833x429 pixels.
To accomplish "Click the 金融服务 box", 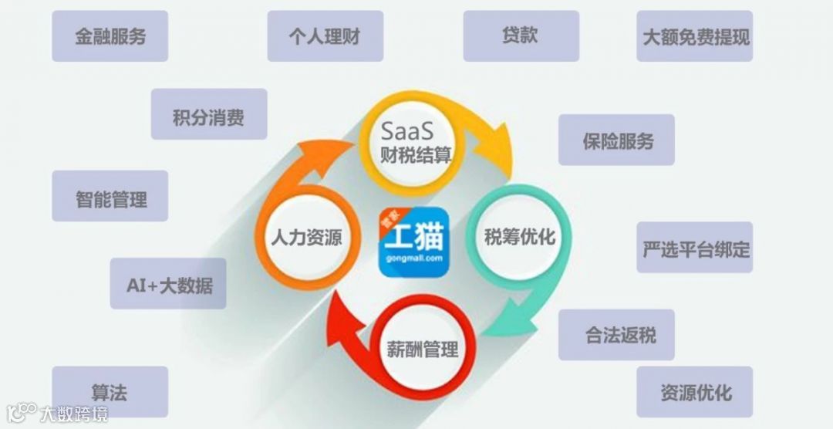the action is (x=110, y=36).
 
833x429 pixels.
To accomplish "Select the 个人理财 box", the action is (x=325, y=36).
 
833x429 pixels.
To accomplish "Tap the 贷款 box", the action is (x=521, y=36).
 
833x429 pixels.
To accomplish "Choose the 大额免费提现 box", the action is (x=695, y=36).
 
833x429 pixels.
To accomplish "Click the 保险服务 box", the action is (x=616, y=140).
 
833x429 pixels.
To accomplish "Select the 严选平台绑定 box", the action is (x=695, y=248).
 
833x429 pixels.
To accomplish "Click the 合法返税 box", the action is (x=616, y=335).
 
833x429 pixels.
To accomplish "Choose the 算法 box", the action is (x=110, y=392).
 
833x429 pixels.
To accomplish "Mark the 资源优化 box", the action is (x=695, y=392).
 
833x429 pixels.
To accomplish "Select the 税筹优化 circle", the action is (x=519, y=237).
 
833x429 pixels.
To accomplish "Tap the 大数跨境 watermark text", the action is (x=75, y=414).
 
